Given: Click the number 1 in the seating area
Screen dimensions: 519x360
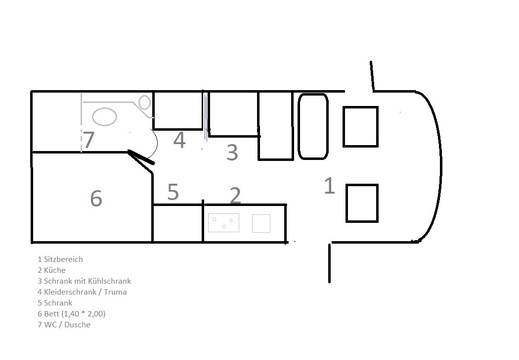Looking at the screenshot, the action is click(329, 186).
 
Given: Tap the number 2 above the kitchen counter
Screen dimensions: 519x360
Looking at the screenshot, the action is click(235, 195).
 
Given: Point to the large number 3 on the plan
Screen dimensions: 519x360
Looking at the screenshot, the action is click(232, 152).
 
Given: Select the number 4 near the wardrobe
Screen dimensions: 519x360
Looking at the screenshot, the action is click(179, 140).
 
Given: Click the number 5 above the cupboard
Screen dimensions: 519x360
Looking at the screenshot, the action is click(173, 192).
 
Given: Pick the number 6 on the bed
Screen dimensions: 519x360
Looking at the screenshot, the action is click(96, 198).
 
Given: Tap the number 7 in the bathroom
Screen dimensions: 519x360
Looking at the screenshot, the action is click(88, 140).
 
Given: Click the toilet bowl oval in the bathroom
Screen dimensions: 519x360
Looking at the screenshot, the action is click(104, 117).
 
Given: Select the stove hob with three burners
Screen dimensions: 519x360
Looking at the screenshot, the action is click(224, 222).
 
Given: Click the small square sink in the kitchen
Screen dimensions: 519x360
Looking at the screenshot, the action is click(261, 223).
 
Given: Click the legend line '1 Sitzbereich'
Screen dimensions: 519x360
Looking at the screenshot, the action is click(60, 259).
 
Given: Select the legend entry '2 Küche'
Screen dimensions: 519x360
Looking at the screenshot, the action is click(51, 270).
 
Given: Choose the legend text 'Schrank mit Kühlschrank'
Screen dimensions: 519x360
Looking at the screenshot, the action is click(87, 281).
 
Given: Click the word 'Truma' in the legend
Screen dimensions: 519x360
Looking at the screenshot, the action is click(115, 292).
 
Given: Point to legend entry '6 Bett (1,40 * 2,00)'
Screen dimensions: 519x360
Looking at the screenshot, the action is click(71, 314).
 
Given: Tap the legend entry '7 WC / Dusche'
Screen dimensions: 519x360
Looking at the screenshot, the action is click(64, 325).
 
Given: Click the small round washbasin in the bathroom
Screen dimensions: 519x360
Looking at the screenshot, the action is click(145, 102).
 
